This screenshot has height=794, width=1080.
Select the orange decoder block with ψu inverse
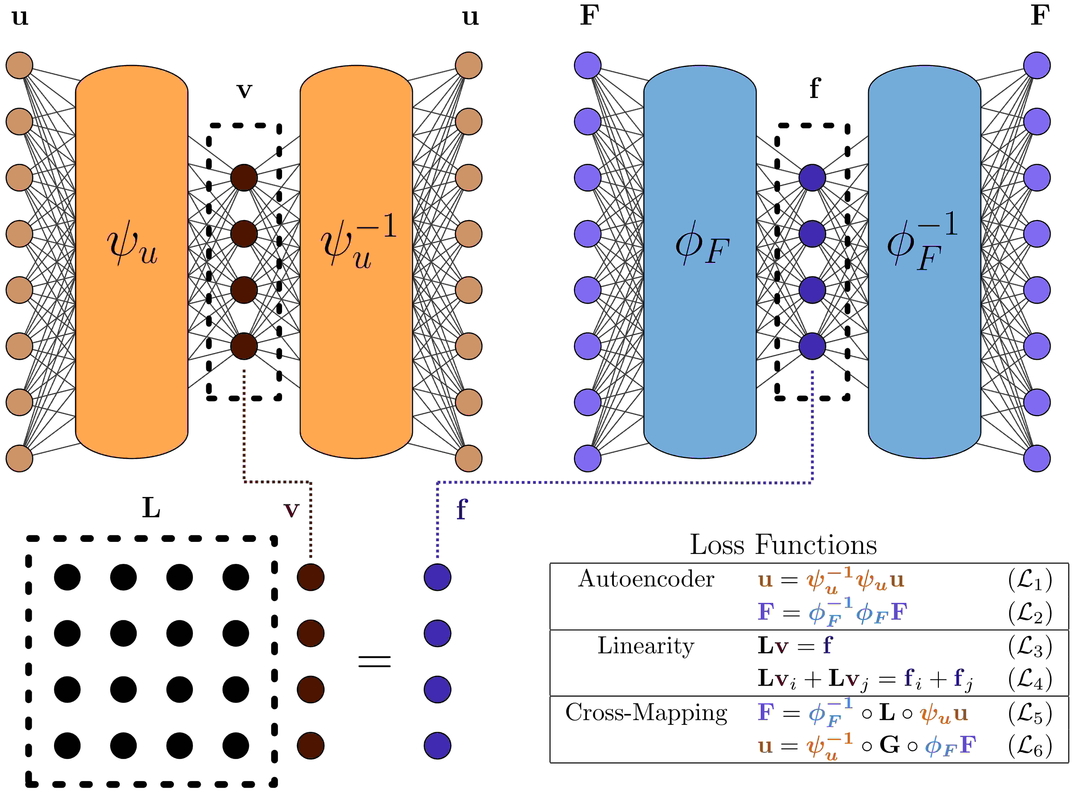coord(356,262)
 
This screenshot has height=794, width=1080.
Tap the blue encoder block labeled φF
coord(700,262)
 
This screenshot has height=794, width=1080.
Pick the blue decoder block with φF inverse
coord(924,262)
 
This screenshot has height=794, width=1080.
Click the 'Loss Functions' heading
coord(783,545)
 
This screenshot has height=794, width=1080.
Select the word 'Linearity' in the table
coord(646,646)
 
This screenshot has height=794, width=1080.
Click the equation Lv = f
coord(795,646)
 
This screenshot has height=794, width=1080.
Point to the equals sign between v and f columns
coord(374,661)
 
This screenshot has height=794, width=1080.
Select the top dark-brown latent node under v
coord(244,178)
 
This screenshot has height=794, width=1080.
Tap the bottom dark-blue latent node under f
coord(812,346)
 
